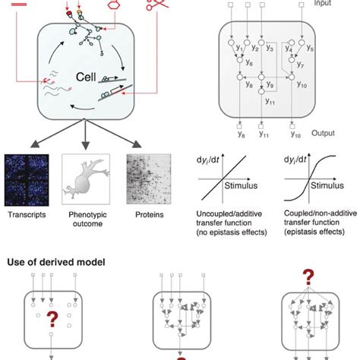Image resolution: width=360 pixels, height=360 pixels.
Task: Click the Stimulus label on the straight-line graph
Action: click(243, 185)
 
